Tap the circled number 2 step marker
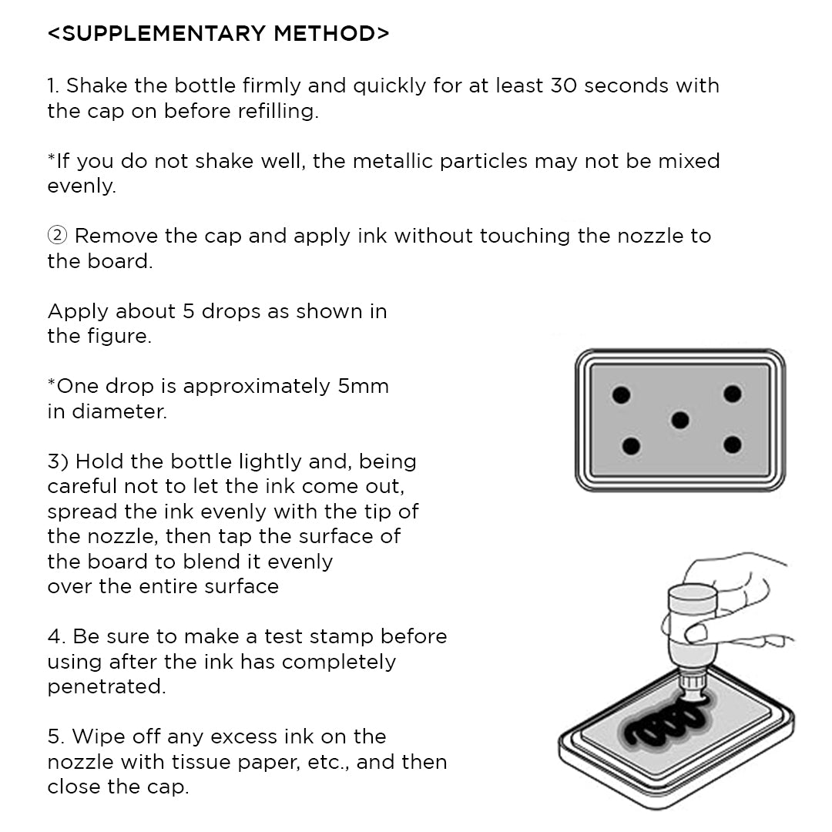coord(57,236)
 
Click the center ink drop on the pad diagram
coord(679,420)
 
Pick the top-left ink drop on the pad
coord(621,395)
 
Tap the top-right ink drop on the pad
coord(732,394)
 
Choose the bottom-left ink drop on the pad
coord(631,445)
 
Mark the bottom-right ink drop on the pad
coord(732,445)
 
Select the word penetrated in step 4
coord(106,686)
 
